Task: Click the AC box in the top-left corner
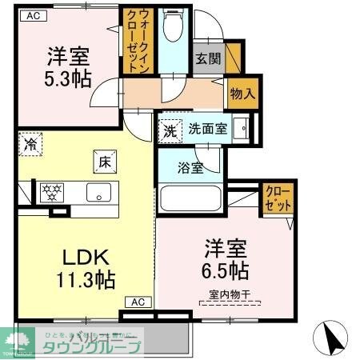click(x=30, y=14)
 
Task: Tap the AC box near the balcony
click(x=137, y=302)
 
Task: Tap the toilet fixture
click(x=172, y=28)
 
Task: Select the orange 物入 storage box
click(x=241, y=93)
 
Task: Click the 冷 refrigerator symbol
click(x=30, y=145)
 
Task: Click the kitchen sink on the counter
click(x=100, y=192)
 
